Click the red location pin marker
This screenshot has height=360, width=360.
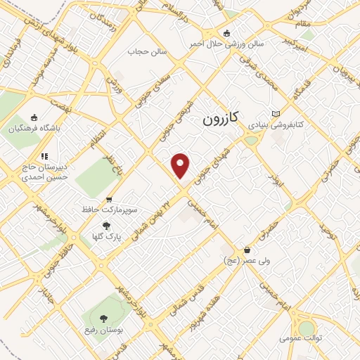click(x=181, y=165)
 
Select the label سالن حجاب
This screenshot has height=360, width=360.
click(x=146, y=51)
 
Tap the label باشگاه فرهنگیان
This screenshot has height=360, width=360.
click(x=35, y=129)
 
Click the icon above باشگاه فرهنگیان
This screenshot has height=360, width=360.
click(x=34, y=118)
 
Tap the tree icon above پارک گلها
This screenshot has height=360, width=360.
click(x=106, y=226)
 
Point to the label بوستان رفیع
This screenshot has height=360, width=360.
click(x=108, y=332)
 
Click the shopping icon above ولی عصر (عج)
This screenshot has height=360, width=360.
click(x=247, y=250)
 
